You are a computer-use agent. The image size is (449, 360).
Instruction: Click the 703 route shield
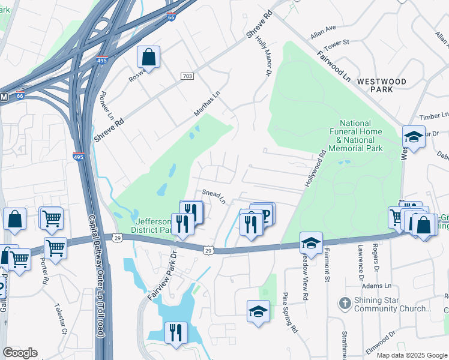(x=187, y=76)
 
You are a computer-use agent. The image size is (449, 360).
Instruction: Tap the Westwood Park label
(x=390, y=85)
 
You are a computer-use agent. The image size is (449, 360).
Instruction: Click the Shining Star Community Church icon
(x=345, y=303)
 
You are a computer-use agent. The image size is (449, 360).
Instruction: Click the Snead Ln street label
(x=213, y=196)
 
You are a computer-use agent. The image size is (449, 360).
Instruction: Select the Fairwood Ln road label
(x=334, y=65)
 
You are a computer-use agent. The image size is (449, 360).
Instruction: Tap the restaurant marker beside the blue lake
(x=176, y=333)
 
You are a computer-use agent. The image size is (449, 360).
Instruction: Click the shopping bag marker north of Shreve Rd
(x=148, y=58)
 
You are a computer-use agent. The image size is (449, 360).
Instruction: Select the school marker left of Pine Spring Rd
(x=258, y=311)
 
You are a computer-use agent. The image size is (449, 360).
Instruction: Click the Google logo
(x=20, y=353)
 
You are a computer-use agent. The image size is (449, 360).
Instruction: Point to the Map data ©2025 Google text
(x=411, y=355)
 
